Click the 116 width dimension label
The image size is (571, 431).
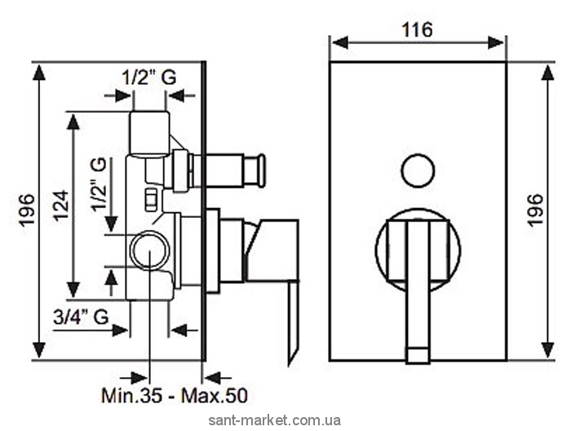pyautogui.click(x=418, y=30)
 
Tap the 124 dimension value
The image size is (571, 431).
pyautogui.click(x=61, y=204)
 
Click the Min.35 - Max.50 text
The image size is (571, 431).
pyautogui.click(x=175, y=395)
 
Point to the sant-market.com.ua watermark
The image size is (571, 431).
pyautogui.click(x=275, y=420)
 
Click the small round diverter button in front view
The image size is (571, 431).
pyautogui.click(x=418, y=171)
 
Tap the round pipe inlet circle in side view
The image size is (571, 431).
pyautogui.click(x=150, y=251)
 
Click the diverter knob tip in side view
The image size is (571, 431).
pyautogui.click(x=261, y=171)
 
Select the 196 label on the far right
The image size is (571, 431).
pyautogui.click(x=536, y=211)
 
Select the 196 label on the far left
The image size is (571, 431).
pyautogui.click(x=27, y=211)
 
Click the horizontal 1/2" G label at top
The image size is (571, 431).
pyautogui.click(x=148, y=78)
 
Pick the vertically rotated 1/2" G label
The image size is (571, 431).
pyautogui.click(x=99, y=184)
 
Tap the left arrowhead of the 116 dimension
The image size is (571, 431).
pyautogui.click(x=340, y=42)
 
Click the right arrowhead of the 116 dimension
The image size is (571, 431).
pyautogui.click(x=496, y=42)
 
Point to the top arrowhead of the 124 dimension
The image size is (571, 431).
pyautogui.click(x=73, y=122)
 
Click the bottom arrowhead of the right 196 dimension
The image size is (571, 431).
pyautogui.click(x=547, y=350)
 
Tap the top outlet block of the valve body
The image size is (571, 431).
pyautogui.click(x=149, y=134)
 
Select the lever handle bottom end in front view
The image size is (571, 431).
pyautogui.click(x=418, y=356)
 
